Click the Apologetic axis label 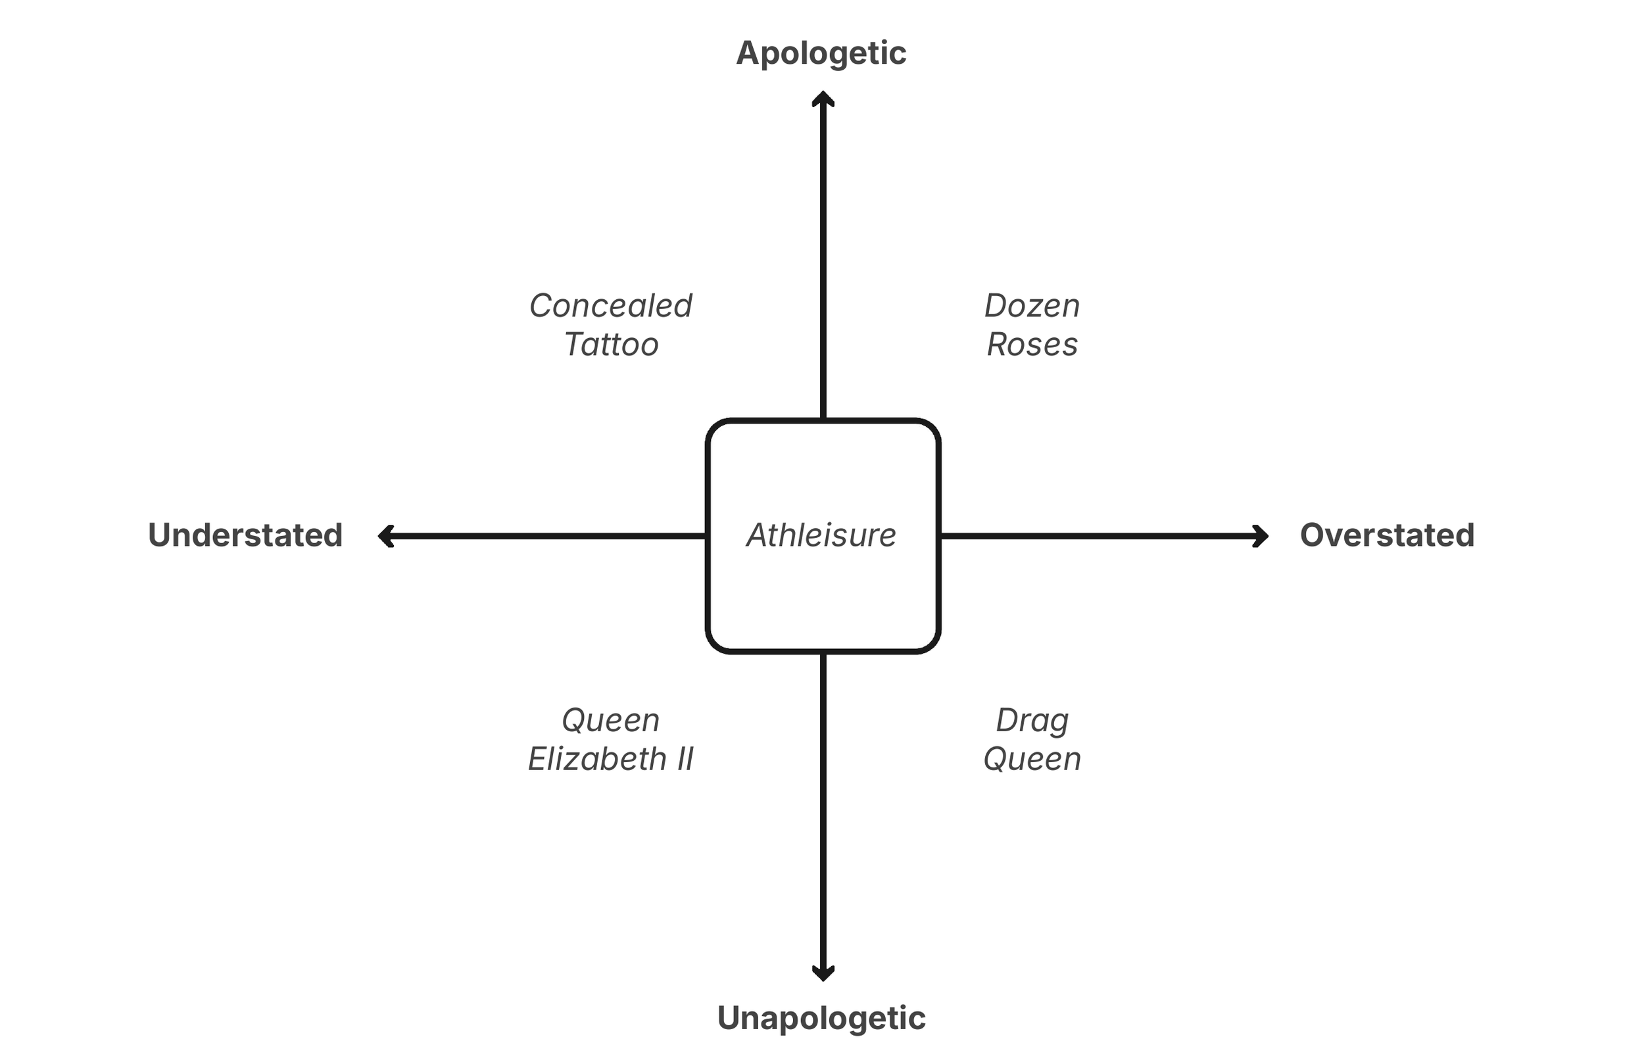(x=821, y=53)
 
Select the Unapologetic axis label (x=821, y=1018)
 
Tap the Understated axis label (x=245, y=535)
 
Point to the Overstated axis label (x=1387, y=535)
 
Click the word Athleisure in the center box (x=821, y=535)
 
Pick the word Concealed (x=611, y=306)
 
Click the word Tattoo (x=612, y=345)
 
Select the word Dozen (x=1032, y=306)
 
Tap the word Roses (x=1032, y=345)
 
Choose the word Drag (x=1032, y=721)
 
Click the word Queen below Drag (x=1032, y=760)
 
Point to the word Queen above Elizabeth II (x=611, y=721)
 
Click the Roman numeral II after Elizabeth (x=685, y=760)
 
